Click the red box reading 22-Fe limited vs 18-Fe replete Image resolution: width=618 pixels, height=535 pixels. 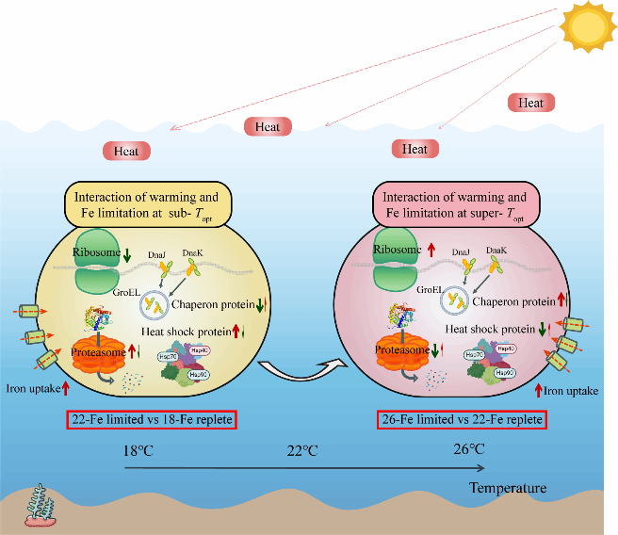pos(151,419)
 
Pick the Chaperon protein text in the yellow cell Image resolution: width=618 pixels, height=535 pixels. pos(204,302)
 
